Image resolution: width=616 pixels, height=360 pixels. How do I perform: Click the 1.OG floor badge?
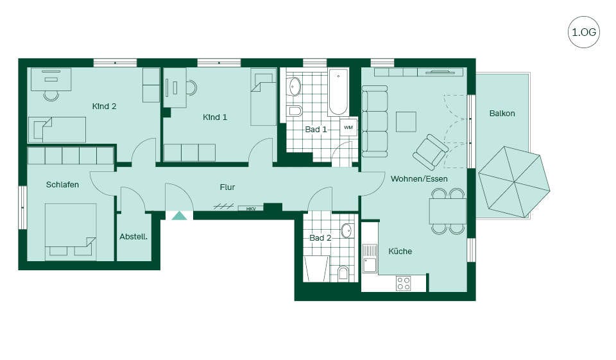[x=584, y=32]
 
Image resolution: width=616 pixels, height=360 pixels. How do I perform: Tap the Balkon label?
[x=502, y=113]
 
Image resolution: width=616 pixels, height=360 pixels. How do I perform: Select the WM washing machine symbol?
[x=348, y=127]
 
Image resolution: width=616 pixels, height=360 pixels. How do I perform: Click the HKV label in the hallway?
[x=251, y=209]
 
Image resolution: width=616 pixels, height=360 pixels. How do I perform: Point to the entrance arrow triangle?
[x=180, y=216]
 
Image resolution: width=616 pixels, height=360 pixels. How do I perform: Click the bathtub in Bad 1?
[x=338, y=92]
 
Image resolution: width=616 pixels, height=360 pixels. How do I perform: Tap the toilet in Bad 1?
[x=295, y=111]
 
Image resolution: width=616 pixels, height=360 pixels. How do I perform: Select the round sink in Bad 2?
[x=346, y=231]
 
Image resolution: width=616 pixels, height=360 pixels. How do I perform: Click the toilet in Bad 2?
[x=343, y=273]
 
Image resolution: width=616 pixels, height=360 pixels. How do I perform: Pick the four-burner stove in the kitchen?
[x=404, y=283]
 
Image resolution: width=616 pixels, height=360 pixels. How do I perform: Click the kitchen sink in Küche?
[x=370, y=259]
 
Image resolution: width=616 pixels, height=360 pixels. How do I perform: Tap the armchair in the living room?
[x=431, y=152]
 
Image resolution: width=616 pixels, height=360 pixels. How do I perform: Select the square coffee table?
[x=406, y=122]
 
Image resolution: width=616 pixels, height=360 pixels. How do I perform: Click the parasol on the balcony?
[x=514, y=182]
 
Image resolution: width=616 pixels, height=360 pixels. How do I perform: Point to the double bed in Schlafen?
[x=71, y=232]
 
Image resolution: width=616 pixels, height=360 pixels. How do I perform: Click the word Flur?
[x=227, y=187]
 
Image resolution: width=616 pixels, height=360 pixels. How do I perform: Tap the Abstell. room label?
[x=133, y=237]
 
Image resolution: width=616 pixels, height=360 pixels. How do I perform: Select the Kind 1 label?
[x=215, y=117]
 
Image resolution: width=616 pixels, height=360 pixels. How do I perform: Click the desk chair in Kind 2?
[x=51, y=96]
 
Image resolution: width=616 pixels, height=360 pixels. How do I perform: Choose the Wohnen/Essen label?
[x=419, y=179]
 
